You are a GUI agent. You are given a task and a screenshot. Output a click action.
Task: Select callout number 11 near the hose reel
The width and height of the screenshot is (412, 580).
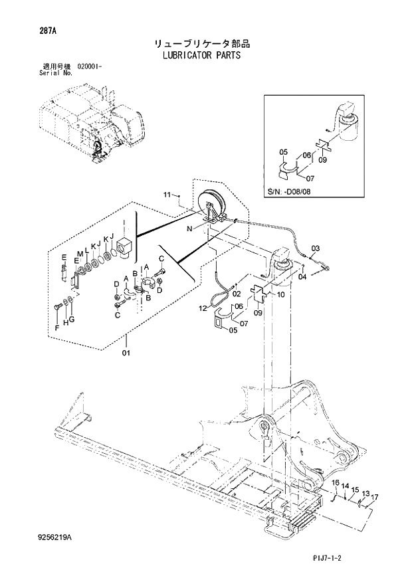pos(167,195)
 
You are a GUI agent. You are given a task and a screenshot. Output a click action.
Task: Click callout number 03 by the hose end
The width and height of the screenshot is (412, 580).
pos(315,248)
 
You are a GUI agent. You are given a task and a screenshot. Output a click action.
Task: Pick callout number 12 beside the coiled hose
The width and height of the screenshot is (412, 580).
pos(203,308)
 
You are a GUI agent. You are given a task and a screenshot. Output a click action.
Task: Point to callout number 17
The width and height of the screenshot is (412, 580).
pos(375,498)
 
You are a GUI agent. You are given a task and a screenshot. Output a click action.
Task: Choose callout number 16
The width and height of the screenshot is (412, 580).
pos(336,482)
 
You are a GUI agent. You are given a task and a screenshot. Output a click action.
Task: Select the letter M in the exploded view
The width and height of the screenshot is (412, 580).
pos(79,254)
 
